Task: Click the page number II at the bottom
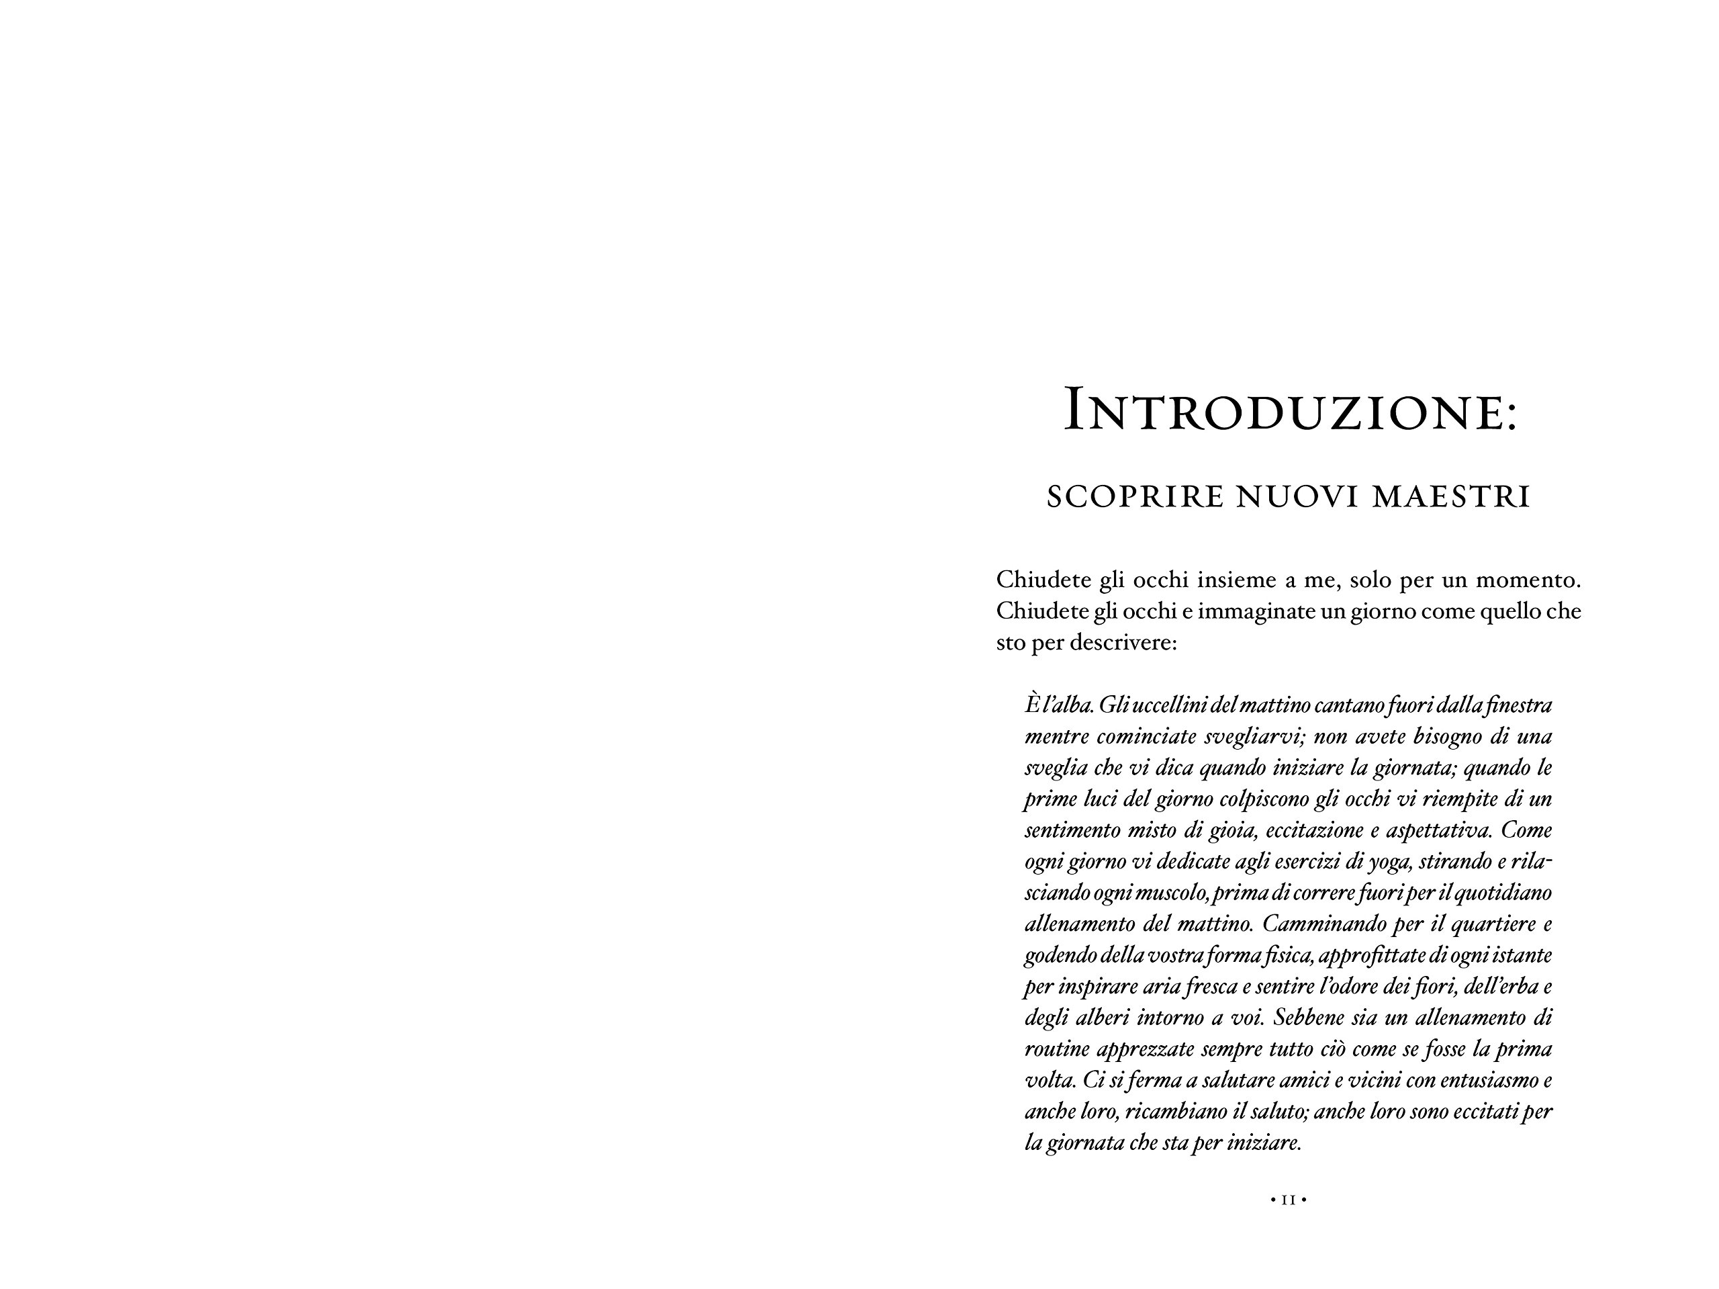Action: click(1289, 1200)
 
